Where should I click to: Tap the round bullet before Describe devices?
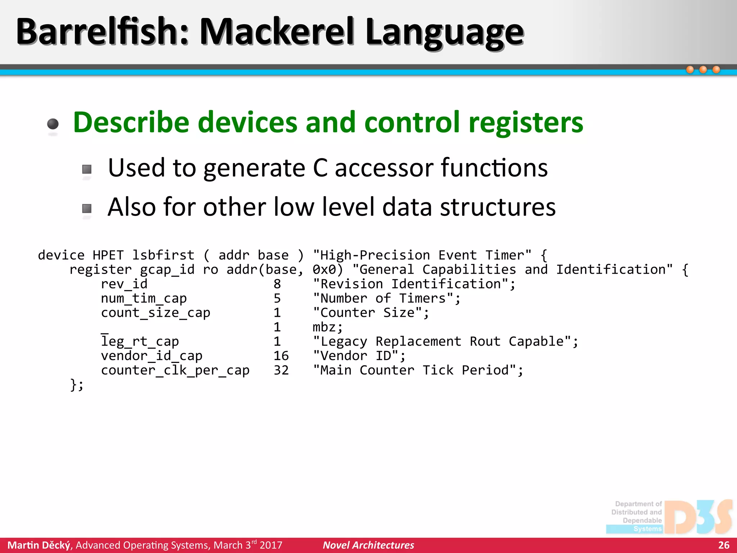tap(53, 124)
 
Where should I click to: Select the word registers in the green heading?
tap(526, 123)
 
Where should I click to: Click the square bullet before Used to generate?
tap(87, 169)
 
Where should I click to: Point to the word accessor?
tap(384, 168)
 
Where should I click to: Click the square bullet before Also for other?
tap(87, 208)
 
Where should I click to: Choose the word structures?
tap(498, 207)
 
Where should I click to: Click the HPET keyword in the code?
tap(108, 255)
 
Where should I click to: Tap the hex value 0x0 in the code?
tap(327, 270)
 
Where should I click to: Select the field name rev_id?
tap(124, 284)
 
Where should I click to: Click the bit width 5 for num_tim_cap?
tap(277, 298)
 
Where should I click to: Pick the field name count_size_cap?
tap(155, 313)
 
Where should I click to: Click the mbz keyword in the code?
tap(327, 327)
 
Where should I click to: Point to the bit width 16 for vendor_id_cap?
tap(281, 356)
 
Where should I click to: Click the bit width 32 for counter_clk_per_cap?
tap(281, 370)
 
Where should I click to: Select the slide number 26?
tap(724, 545)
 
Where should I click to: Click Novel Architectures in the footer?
tap(368, 545)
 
